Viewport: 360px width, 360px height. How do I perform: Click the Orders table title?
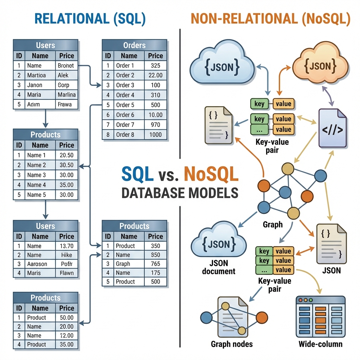[x=134, y=45]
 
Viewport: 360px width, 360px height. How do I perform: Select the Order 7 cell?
[x=125, y=125]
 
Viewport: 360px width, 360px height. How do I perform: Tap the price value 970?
[x=155, y=125]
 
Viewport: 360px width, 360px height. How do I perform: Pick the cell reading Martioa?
[x=36, y=75]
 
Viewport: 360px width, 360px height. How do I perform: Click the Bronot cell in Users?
[x=66, y=65]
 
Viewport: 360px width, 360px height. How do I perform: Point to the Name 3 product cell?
[x=37, y=175]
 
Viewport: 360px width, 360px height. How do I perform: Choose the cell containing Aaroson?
[x=37, y=264]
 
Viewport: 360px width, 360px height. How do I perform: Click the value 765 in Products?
[x=155, y=264]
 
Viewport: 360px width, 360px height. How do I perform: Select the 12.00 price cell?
[x=66, y=335]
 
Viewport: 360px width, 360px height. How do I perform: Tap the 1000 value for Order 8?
[x=155, y=135]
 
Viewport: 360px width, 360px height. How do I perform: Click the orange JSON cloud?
[x=320, y=65]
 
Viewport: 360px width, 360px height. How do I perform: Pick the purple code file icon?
[x=333, y=128]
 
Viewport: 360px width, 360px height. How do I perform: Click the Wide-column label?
[x=320, y=344]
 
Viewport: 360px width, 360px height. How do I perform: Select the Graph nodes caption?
[x=232, y=344]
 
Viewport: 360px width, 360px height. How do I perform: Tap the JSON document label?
[x=219, y=267]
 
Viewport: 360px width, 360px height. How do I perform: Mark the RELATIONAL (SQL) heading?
[x=90, y=19]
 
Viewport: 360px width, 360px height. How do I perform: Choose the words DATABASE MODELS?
[x=180, y=193]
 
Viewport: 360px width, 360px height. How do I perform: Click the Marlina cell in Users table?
[x=66, y=95]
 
